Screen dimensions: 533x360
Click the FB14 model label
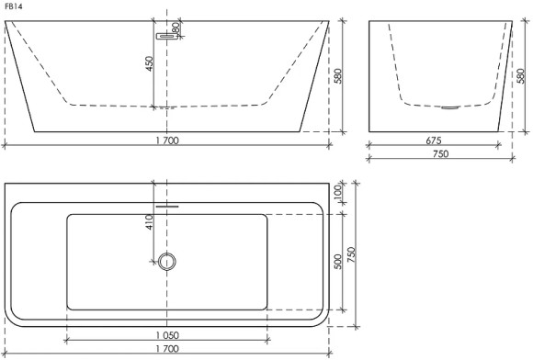(x=14, y=6)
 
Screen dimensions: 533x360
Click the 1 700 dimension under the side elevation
(x=167, y=141)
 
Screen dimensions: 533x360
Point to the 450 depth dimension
(x=150, y=63)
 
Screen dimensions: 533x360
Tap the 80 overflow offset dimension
(x=176, y=28)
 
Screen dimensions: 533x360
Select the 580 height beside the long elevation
(x=337, y=76)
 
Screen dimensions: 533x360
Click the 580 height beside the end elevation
(x=520, y=76)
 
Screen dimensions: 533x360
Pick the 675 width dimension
(x=434, y=141)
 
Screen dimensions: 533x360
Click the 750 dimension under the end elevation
(x=440, y=154)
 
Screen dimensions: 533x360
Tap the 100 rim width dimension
(x=337, y=192)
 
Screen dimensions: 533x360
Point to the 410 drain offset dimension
(x=150, y=222)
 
